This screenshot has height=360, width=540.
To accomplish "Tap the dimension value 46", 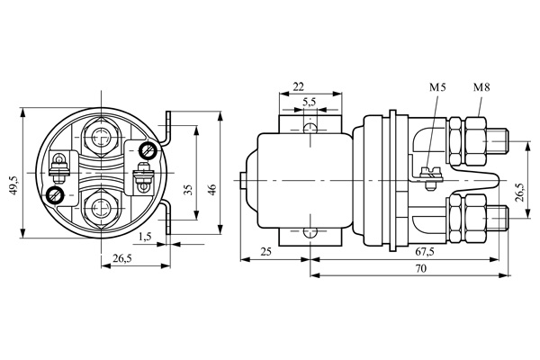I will pos(213,189).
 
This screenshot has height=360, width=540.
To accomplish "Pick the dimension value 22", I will pos(298,87).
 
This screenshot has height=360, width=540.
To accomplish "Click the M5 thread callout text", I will pos(437,87).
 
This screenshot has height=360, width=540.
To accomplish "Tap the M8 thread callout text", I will pos(481,87).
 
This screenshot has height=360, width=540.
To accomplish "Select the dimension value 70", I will pos(420,268).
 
